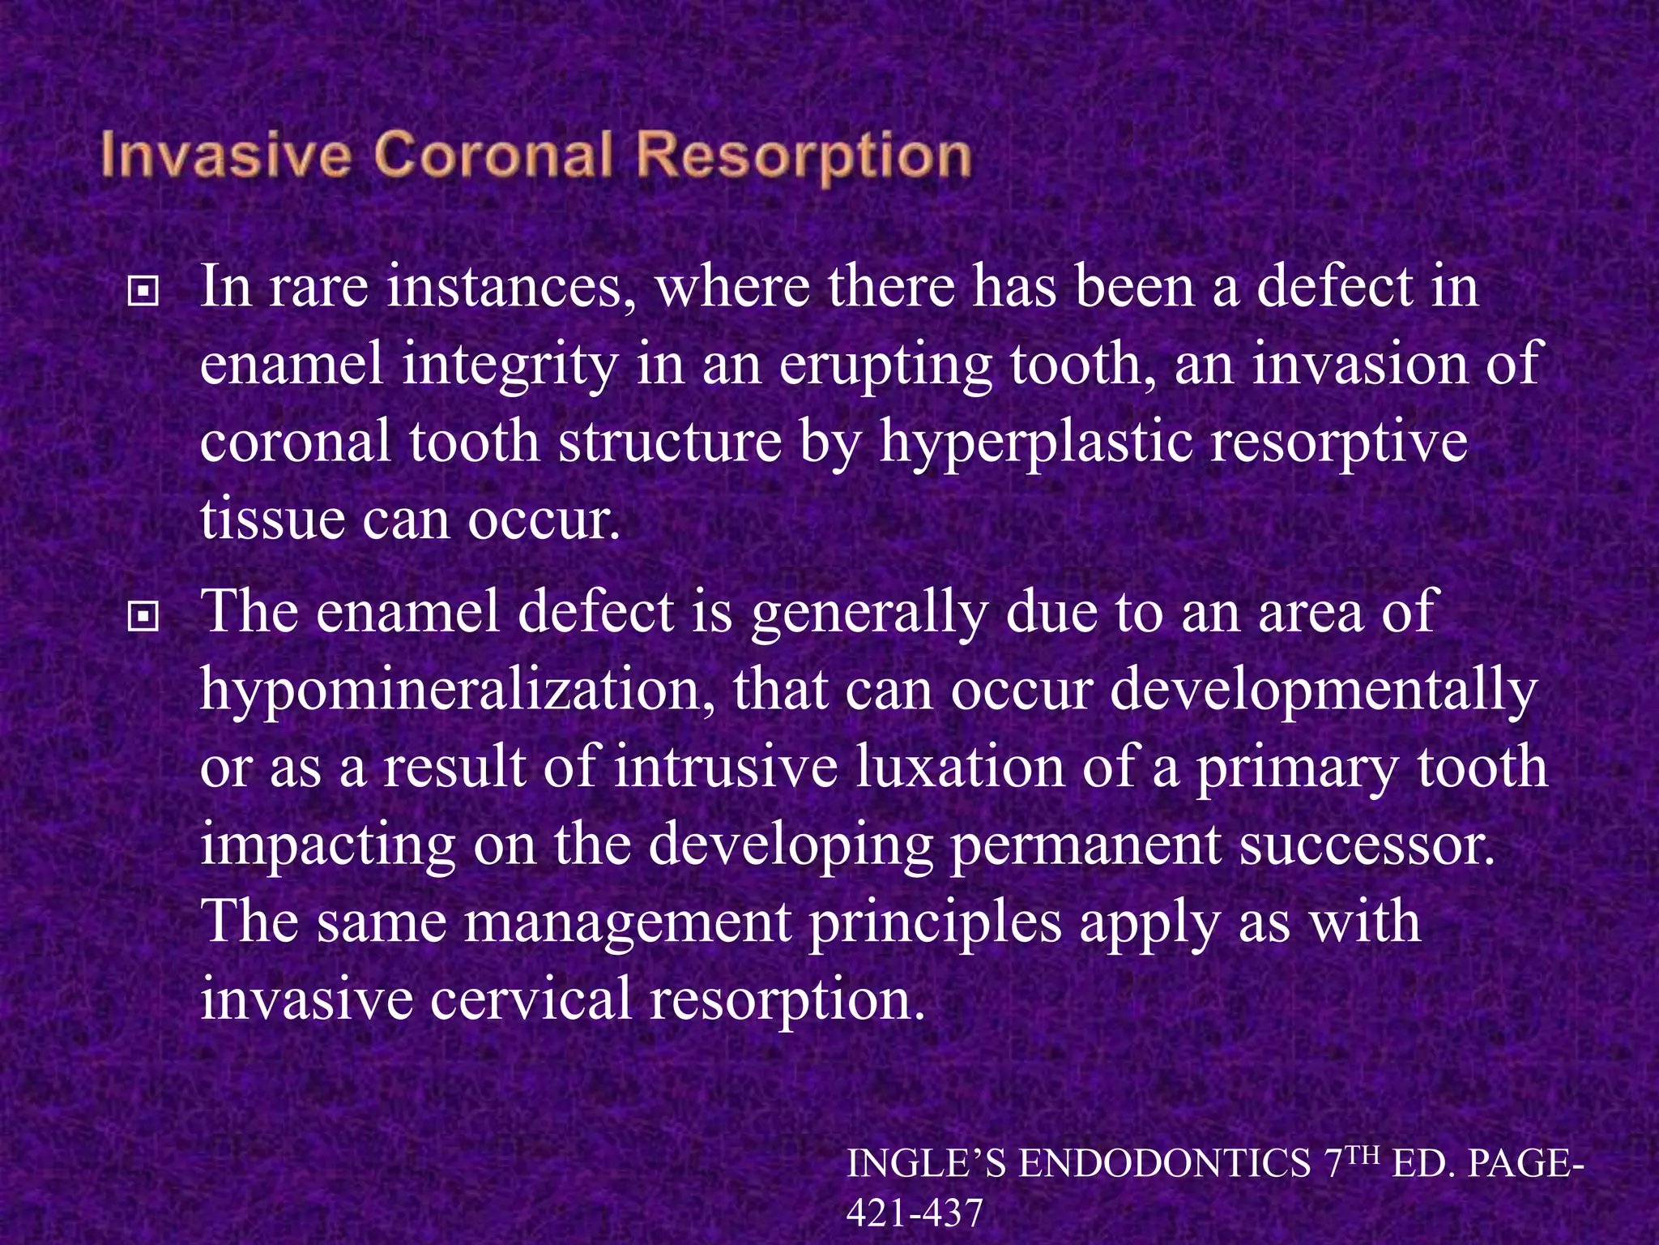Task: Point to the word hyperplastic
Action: tap(1036, 443)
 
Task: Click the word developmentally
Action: tap(1322, 691)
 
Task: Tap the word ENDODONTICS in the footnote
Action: tap(1165, 1165)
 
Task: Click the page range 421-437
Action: tap(914, 1213)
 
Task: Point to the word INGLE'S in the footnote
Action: tap(926, 1165)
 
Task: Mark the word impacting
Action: tap(327, 845)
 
